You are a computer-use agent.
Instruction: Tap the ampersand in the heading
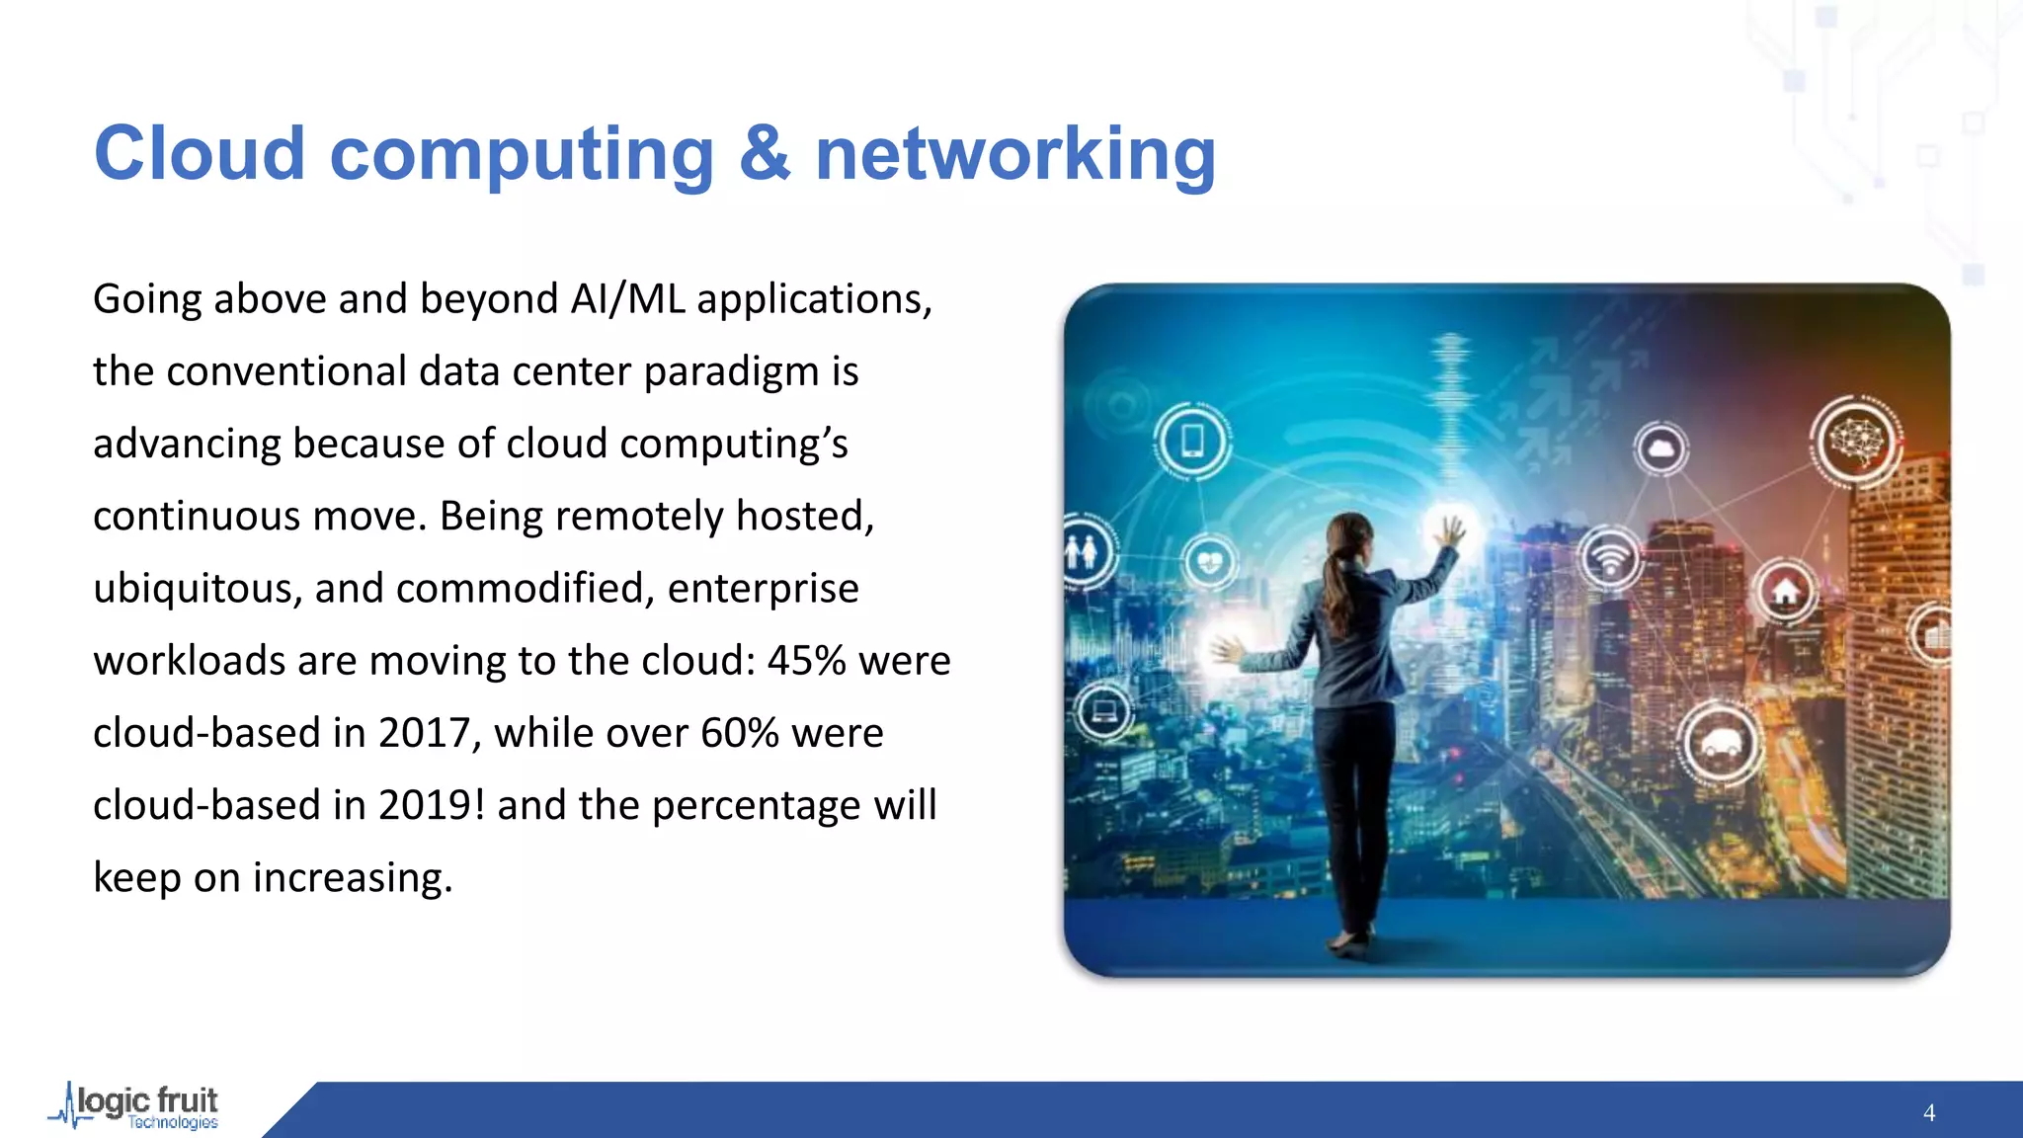[x=765, y=154]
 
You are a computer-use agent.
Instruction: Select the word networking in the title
[x=1015, y=156]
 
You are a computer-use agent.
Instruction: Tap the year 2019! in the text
[x=432, y=805]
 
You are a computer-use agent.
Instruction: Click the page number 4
[x=1928, y=1113]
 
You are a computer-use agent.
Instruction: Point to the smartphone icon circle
[x=1192, y=441]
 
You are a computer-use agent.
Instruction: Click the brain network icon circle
[x=1857, y=441]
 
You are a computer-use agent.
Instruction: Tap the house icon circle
[x=1785, y=591]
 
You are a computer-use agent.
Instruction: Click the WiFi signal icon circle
[x=1610, y=560]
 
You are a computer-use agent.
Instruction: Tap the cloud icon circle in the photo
[x=1661, y=449]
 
